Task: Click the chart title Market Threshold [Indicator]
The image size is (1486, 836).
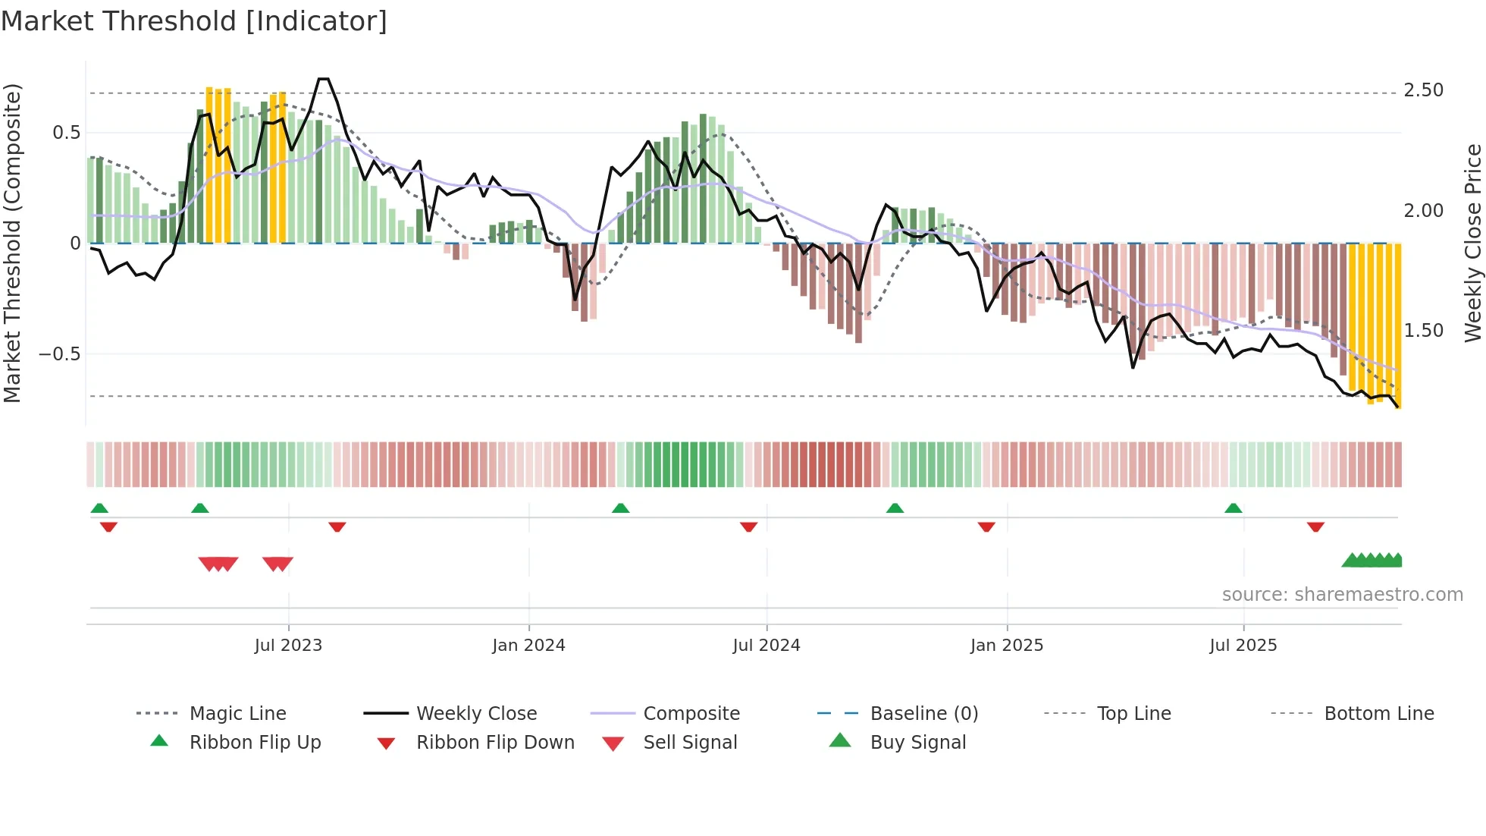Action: (x=194, y=21)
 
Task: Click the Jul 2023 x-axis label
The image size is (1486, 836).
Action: (x=288, y=646)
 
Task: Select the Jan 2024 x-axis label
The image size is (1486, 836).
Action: (x=528, y=646)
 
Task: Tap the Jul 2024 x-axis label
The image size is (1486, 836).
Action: (x=766, y=646)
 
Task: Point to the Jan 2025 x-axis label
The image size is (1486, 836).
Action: (x=1006, y=646)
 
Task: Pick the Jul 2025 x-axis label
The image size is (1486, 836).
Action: (x=1243, y=646)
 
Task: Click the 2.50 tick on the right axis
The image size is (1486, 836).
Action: (x=1423, y=90)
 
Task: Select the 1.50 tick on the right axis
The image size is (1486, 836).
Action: (x=1423, y=331)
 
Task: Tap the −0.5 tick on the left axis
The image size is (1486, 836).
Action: (x=59, y=354)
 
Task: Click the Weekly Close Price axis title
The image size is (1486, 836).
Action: (x=1472, y=243)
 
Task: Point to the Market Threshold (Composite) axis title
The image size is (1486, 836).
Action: (x=12, y=243)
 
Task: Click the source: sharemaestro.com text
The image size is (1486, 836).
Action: (x=1342, y=595)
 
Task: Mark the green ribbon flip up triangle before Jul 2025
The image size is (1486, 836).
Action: (x=1233, y=508)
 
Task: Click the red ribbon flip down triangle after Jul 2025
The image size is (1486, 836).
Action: (x=1315, y=526)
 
